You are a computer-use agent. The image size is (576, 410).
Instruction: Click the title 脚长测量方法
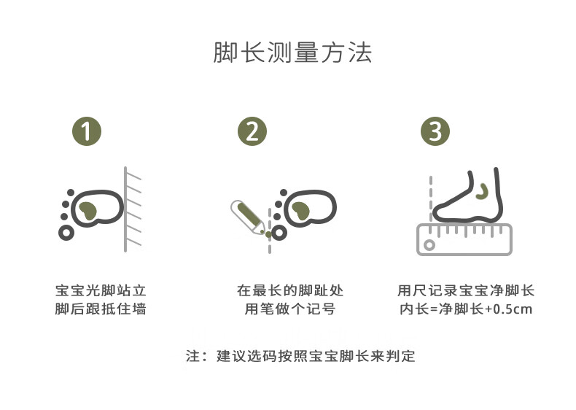[x=292, y=53]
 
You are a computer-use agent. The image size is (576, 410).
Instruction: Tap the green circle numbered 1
[x=87, y=131]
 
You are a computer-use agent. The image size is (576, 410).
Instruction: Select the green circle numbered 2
[x=252, y=131]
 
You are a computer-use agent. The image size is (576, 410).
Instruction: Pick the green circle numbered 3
[x=435, y=131]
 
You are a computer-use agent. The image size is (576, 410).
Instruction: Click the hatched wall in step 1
[x=132, y=209]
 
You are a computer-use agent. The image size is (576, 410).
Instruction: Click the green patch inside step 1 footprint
[x=87, y=211]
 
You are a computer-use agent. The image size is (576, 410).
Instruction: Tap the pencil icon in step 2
[x=247, y=217]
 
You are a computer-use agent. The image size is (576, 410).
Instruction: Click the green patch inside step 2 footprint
[x=300, y=211]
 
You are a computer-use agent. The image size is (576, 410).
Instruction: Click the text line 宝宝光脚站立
[x=101, y=290]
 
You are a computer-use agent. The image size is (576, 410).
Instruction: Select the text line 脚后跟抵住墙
[x=101, y=309]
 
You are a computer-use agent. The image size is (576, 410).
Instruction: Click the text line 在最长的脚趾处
[x=290, y=290]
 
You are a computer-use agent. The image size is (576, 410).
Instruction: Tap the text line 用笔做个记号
[x=290, y=309]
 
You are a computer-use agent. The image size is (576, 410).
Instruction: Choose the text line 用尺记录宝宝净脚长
[x=466, y=290]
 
